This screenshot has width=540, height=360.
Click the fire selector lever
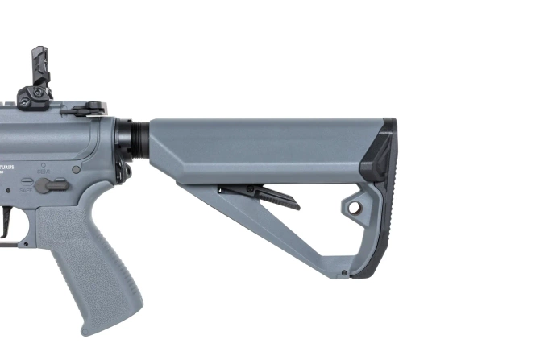tap(52, 184)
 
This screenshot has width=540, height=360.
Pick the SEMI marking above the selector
tap(44, 171)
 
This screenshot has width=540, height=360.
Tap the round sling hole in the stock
tap(353, 208)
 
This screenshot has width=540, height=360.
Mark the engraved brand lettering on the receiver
tap(10, 167)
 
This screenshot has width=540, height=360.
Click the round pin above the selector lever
tap(76, 170)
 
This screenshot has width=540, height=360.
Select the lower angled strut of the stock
tap(266, 234)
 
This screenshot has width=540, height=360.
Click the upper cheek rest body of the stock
tap(258, 149)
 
